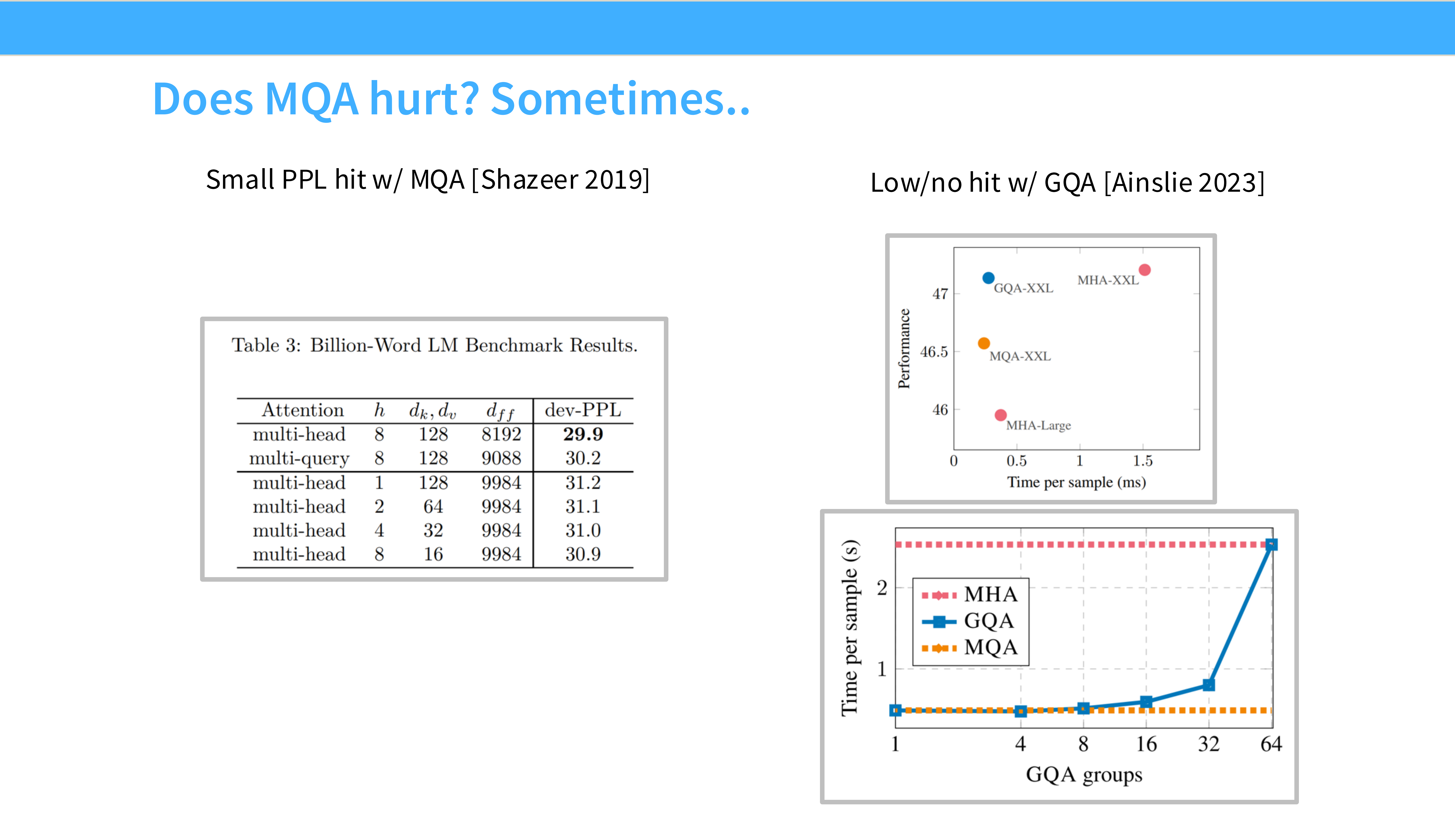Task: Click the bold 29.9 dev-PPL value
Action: [x=583, y=434]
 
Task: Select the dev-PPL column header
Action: [x=583, y=410]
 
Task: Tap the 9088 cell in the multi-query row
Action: [x=501, y=458]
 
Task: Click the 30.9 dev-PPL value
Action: [x=583, y=554]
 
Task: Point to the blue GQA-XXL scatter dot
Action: [x=988, y=278]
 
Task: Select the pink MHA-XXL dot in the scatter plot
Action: [x=1144, y=270]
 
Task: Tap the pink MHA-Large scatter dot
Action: [x=1000, y=415]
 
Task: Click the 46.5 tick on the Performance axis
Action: [x=934, y=352]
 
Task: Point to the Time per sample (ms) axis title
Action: [x=1076, y=482]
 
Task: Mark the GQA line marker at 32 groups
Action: [x=1208, y=685]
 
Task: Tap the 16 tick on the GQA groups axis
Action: [x=1146, y=744]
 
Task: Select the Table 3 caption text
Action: [x=434, y=345]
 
